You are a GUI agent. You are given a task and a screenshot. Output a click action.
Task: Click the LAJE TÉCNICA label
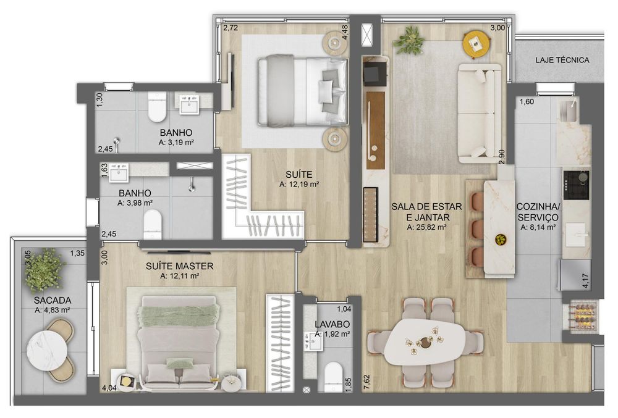point(562,61)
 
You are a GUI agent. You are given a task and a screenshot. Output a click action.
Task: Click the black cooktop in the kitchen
point(576,185)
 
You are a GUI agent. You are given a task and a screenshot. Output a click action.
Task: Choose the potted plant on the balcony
point(44,270)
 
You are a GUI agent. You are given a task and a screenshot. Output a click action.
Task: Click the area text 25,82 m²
point(426,227)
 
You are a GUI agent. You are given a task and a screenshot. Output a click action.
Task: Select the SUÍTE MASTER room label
point(179,266)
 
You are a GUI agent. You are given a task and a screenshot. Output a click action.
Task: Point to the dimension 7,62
point(367,383)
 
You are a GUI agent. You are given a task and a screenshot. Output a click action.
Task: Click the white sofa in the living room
point(481,114)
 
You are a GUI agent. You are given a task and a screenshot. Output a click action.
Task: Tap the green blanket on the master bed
point(177,315)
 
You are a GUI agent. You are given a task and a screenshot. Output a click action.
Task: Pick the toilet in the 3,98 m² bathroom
point(153,225)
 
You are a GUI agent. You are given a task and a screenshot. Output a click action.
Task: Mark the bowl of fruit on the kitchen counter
point(501,240)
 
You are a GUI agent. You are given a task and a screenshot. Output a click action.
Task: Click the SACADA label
point(53,301)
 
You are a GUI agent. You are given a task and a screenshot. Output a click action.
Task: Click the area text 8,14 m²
point(538,227)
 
